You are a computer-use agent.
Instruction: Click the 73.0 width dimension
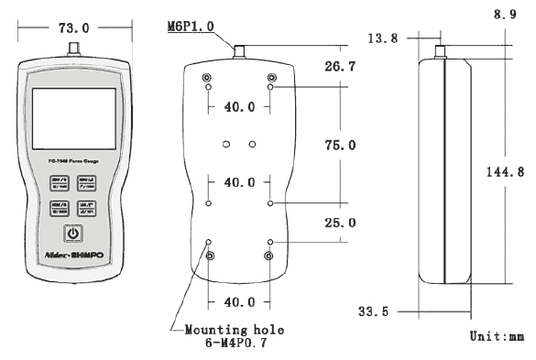pyautogui.click(x=73, y=27)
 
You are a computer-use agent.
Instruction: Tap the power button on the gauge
pyautogui.click(x=73, y=233)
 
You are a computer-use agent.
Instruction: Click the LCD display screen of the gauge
pyautogui.click(x=73, y=118)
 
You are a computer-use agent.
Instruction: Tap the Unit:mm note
pyautogui.click(x=496, y=336)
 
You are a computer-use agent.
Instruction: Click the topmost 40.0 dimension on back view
pyautogui.click(x=240, y=107)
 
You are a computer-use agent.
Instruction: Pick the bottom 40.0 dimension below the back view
pyautogui.click(x=240, y=301)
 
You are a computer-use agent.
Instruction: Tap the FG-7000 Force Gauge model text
pyautogui.click(x=73, y=161)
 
